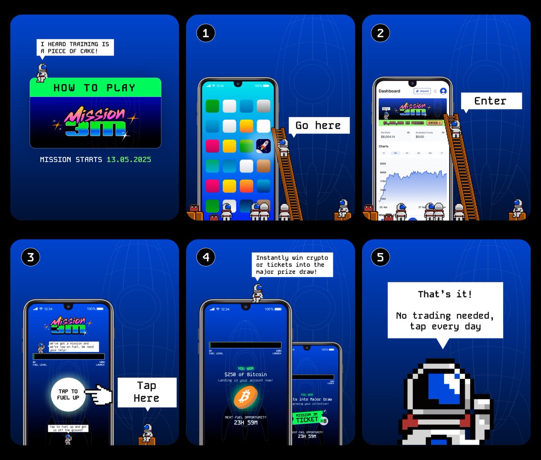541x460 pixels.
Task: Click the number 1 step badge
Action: [206, 33]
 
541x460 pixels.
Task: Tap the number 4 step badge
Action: [206, 258]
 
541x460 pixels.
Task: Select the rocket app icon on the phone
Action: [263, 146]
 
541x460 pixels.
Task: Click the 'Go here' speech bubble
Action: [318, 125]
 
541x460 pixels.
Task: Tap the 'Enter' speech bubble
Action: [491, 101]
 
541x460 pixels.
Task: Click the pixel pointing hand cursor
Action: [98, 395]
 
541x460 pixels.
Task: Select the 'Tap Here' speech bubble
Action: [147, 392]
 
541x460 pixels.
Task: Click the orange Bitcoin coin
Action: [246, 397]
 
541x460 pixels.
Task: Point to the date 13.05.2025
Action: [128, 160]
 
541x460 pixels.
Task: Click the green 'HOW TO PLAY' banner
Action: [95, 87]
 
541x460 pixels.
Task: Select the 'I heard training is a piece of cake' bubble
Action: [75, 47]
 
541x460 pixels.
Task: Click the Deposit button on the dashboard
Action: [422, 91]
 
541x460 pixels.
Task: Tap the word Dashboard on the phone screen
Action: [389, 91]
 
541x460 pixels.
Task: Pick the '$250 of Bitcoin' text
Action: [246, 374]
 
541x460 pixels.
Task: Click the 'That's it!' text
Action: [445, 294]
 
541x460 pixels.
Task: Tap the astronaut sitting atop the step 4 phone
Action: [257, 293]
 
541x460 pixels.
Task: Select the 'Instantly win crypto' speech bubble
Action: [292, 265]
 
